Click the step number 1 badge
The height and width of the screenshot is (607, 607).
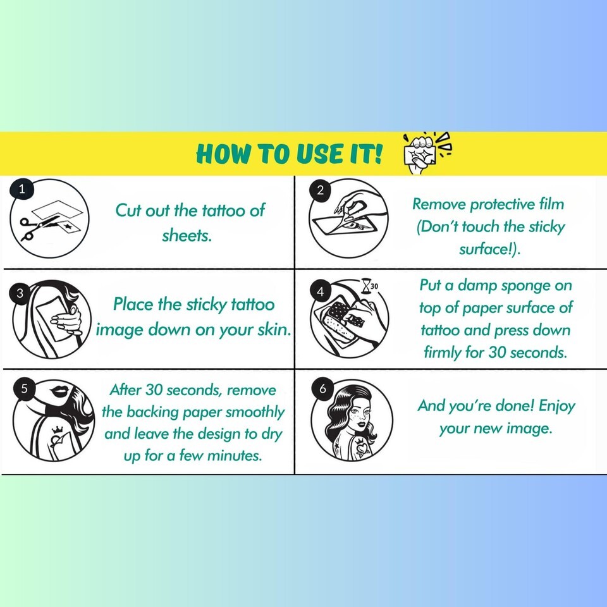21,189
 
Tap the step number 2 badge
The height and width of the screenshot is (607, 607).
320,190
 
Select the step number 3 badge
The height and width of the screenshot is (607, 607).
20,293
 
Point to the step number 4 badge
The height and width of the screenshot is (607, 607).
320,291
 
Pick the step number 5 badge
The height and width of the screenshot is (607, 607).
25,388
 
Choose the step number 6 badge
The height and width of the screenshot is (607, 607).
323,388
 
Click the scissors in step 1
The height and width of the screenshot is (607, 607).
39,227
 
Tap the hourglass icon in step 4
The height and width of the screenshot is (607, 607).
366,286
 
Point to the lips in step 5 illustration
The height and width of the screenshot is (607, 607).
59,391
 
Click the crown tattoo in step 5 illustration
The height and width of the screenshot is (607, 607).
58,429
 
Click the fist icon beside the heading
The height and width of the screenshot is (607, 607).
425,152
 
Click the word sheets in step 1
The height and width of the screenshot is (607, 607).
187,235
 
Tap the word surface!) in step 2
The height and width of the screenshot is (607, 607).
489,249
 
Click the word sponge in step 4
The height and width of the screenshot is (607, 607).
525,286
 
